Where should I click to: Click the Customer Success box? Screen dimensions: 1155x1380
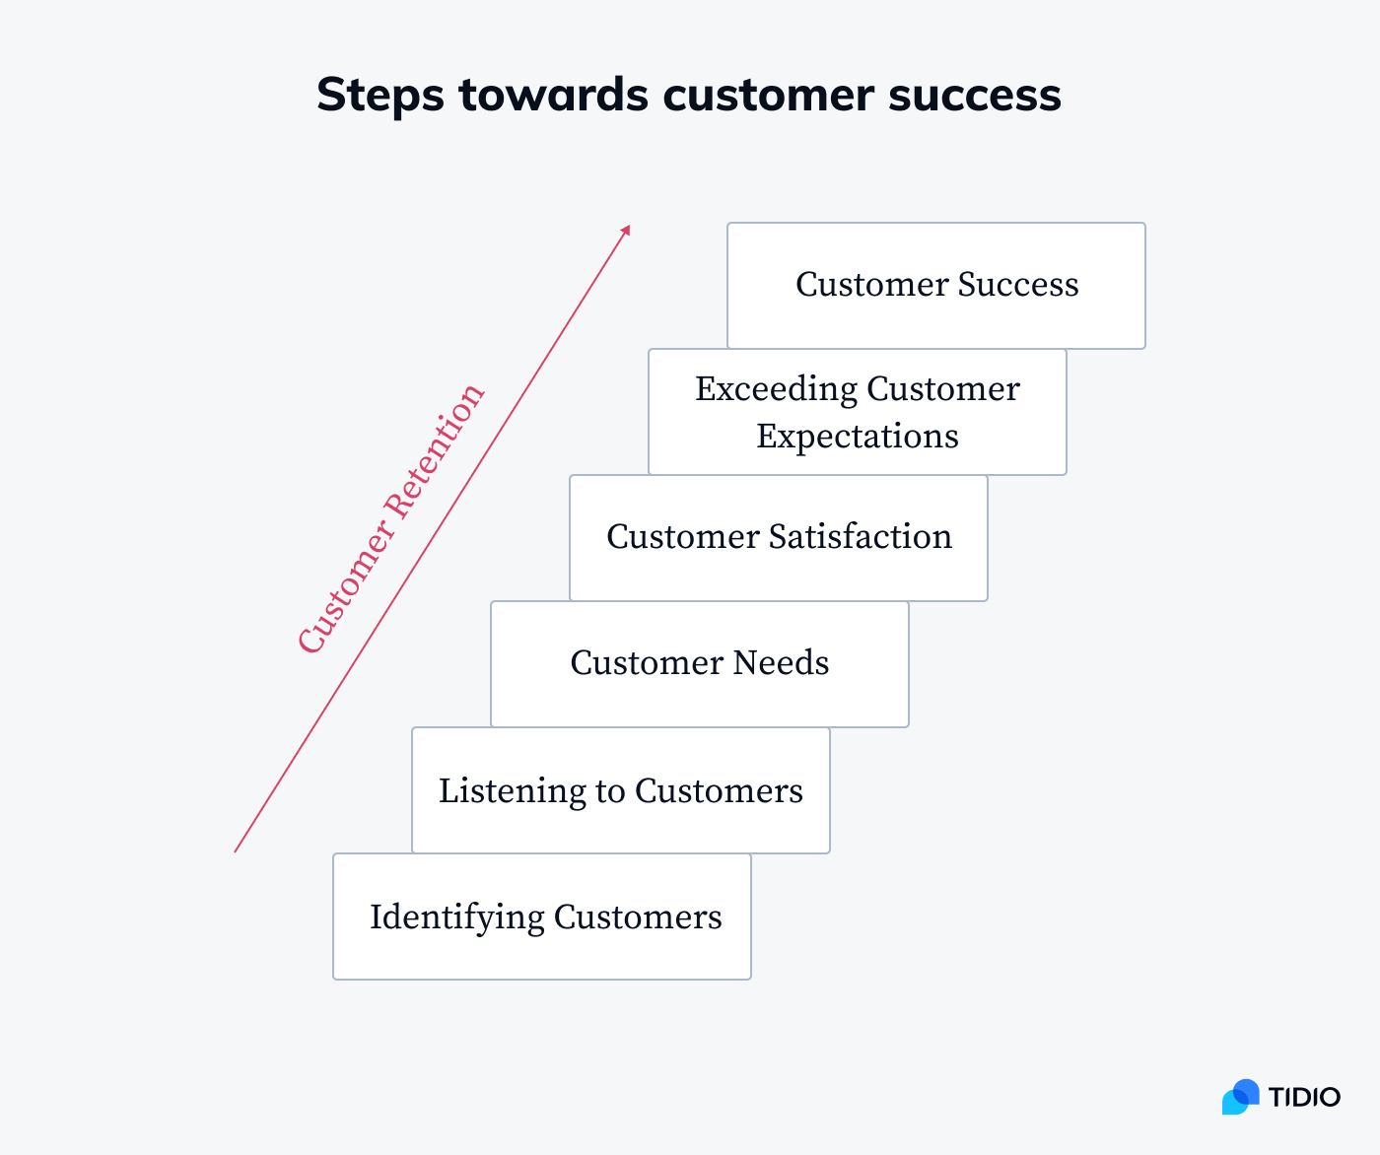935,285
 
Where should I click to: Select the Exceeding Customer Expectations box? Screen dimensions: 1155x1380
857,412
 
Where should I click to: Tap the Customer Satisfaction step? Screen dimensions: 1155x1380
778,537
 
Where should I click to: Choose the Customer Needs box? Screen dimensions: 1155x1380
699,663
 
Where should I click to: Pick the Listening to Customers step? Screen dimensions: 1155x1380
620,790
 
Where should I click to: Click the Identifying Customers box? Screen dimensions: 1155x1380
541,917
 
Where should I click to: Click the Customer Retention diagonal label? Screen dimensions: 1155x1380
391,519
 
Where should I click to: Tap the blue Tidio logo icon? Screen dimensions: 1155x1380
1240,1097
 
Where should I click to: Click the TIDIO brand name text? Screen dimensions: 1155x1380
1303,1097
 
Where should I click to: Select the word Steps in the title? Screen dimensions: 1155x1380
380,96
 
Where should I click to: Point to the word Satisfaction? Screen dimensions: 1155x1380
861,537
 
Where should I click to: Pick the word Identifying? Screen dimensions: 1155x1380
456,917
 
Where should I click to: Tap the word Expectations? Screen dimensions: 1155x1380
857,437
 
